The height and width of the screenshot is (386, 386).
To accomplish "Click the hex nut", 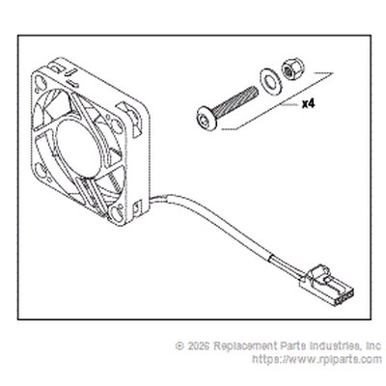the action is pos(292,69).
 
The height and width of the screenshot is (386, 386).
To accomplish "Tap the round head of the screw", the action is pos(207,119).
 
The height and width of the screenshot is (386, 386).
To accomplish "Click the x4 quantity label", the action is pos(308,104).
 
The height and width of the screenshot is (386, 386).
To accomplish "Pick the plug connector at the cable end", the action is pos(327,285).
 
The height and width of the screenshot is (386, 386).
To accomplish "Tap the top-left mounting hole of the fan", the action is pos(40,82).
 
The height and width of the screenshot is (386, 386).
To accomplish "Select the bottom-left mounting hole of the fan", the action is pos(40,170).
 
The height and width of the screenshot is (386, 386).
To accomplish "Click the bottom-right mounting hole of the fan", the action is pos(115,212).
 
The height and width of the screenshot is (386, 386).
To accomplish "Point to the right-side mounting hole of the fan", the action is pos(118,126).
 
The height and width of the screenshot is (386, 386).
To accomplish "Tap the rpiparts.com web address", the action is pos(317,359).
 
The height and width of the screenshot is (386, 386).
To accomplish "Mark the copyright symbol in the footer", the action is pos(179,346).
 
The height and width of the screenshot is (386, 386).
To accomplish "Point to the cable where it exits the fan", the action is pos(157,198).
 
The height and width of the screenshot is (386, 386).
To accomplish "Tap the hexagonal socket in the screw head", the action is pos(206,120).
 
